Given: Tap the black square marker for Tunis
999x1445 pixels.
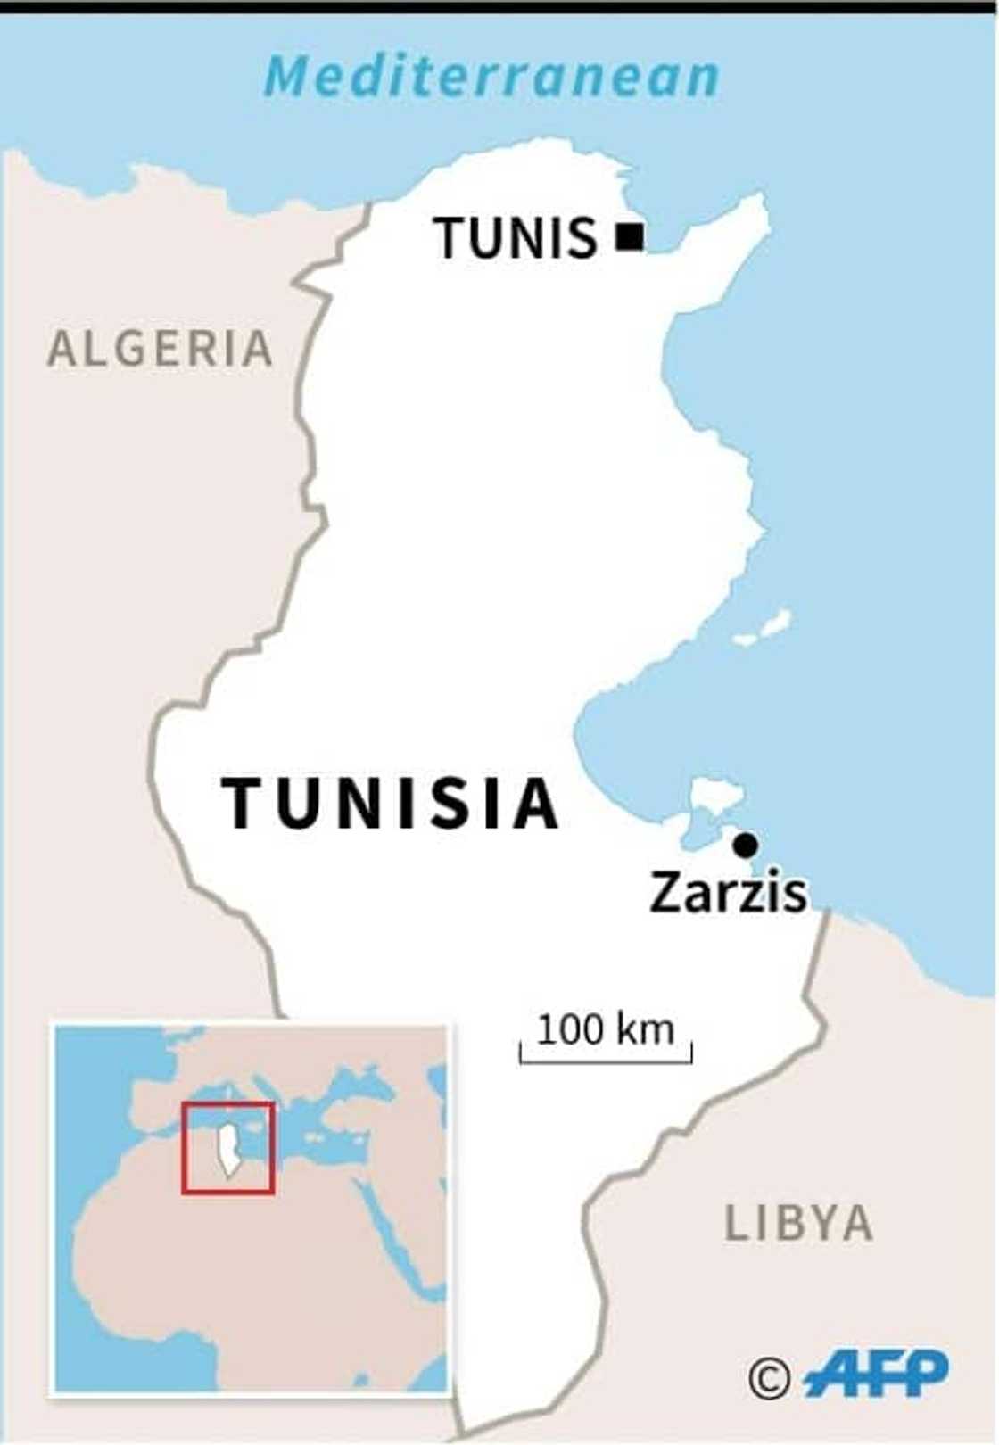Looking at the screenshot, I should click(630, 236).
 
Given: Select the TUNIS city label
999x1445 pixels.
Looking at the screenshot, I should click(516, 238).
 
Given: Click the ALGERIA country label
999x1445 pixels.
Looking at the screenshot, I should click(161, 348).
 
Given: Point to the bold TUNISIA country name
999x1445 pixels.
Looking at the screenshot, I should click(391, 803).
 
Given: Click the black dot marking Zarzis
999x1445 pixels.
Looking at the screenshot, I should click(746, 844).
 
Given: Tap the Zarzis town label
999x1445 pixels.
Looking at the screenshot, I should click(728, 892).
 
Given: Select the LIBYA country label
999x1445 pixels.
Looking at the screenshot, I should click(798, 1223).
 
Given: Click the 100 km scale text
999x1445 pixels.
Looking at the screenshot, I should click(606, 1029).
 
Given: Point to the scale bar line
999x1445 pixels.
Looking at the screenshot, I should click(606, 1061).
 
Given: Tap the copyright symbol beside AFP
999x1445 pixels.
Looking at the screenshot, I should click(769, 1378).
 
